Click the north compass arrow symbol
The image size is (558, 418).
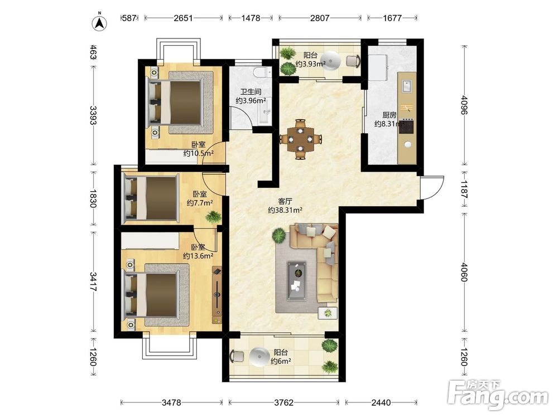pos(100,22)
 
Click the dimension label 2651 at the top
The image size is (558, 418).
pos(183,18)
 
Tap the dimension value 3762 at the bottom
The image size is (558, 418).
pos(283,402)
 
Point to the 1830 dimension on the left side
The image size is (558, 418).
pos(93,198)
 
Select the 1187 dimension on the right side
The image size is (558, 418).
pos(464,189)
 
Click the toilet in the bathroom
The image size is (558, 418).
pos(263,72)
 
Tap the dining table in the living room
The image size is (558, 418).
pos(301,139)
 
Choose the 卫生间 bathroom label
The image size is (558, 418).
pos(251,92)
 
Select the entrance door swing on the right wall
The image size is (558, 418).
pos(432,188)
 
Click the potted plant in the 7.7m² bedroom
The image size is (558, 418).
pos(213,217)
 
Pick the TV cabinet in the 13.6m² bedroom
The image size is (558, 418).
pos(217,295)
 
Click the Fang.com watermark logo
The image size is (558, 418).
pos(498,395)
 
